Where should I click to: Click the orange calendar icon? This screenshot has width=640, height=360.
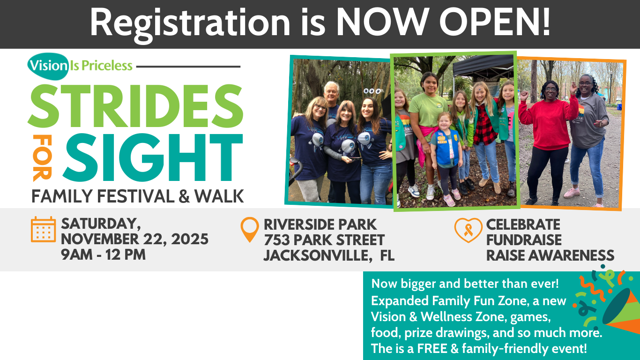pyautogui.click(x=43, y=229)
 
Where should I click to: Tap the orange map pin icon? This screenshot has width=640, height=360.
pyautogui.click(x=250, y=229)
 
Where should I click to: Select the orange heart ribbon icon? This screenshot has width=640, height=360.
pyautogui.click(x=468, y=230)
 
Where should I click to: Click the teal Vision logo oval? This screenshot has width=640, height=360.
pyautogui.click(x=48, y=66)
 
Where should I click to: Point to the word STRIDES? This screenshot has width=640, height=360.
pyautogui.click(x=135, y=106)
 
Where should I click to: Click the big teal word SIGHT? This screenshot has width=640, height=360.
pyautogui.click(x=153, y=157)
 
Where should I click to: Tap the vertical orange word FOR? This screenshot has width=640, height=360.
pyautogui.click(x=42, y=158)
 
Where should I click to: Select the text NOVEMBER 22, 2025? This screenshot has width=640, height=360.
pyautogui.click(x=134, y=240)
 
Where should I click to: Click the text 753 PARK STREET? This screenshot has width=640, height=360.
pyautogui.click(x=324, y=240)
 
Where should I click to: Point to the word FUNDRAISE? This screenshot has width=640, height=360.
pyautogui.click(x=524, y=240)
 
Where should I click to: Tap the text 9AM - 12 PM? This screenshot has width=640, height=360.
pyautogui.click(x=103, y=255)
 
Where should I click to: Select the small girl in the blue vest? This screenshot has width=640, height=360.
pyautogui.click(x=447, y=159)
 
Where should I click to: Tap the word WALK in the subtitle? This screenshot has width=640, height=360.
pyautogui.click(x=219, y=196)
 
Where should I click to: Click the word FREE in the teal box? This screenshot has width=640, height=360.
pyautogui.click(x=432, y=349)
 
